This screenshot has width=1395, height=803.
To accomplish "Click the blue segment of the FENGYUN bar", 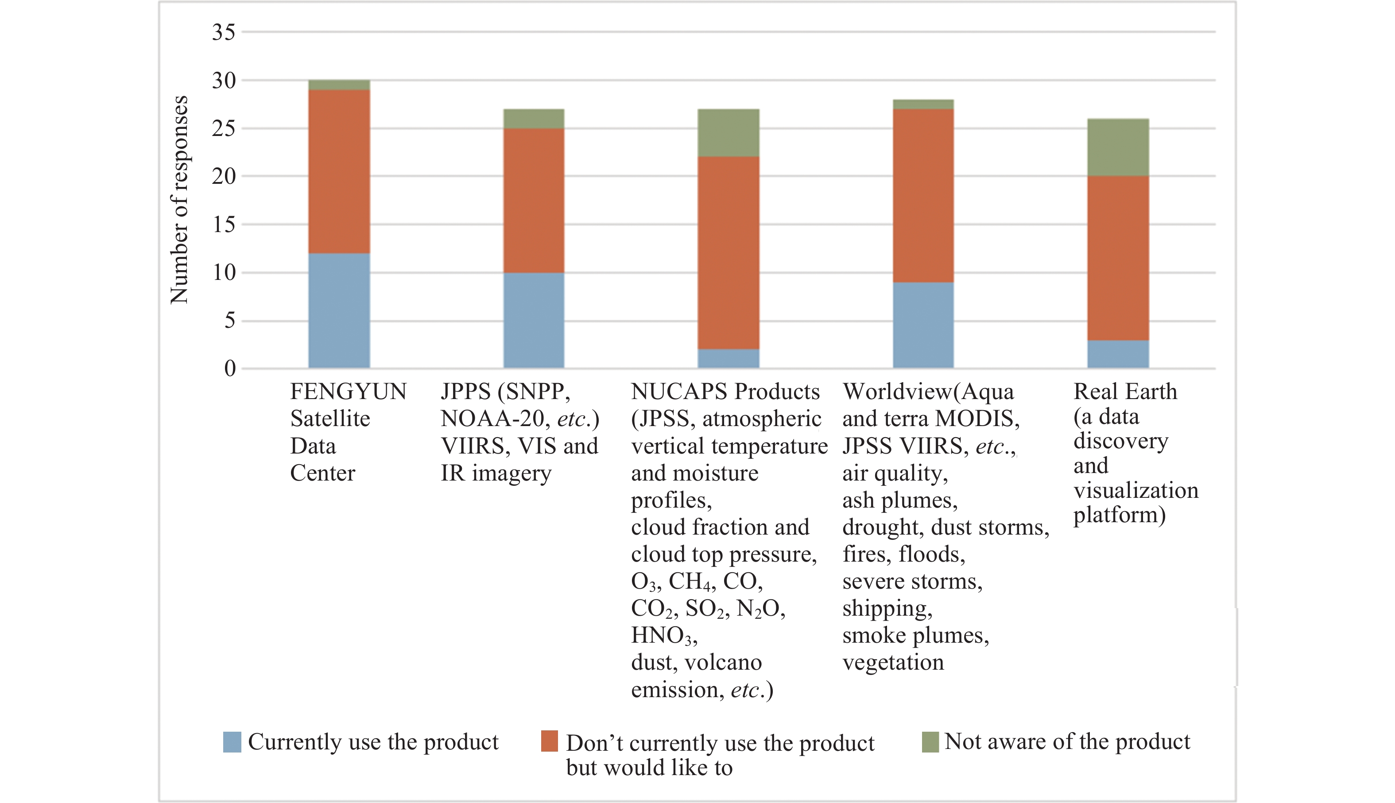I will tap(338, 310).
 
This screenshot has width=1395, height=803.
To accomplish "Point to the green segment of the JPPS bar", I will tap(533, 119).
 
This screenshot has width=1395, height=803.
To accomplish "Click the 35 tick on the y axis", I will tap(223, 32).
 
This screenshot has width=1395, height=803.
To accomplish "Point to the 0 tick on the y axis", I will tap(229, 369).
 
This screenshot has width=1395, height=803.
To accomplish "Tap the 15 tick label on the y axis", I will tap(223, 225).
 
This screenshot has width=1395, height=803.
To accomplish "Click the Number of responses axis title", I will tap(179, 200).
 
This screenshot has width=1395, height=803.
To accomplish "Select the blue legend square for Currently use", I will tap(232, 742).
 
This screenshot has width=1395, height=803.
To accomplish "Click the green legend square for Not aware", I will tap(930, 742).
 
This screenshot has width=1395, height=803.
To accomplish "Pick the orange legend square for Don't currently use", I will tap(549, 742).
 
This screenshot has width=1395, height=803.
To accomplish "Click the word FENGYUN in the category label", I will tap(348, 392).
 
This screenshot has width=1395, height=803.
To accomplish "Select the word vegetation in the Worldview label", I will tap(893, 662).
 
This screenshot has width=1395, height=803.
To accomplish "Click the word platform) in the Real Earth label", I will tap(1119, 515).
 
